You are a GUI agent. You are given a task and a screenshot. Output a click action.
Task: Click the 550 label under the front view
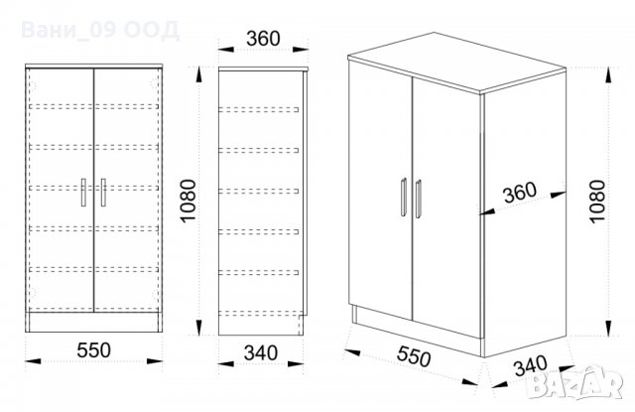click(93, 350)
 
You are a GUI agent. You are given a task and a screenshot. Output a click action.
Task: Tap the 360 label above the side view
click(263, 39)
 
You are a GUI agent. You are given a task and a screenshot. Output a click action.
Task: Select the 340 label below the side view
click(261, 352)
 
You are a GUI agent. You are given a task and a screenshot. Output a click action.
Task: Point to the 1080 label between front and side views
click(189, 201)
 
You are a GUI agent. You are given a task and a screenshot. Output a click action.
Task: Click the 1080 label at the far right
click(597, 202)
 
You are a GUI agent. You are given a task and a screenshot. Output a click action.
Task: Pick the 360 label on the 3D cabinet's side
click(520, 193)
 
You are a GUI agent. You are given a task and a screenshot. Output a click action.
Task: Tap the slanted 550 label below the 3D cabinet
click(414, 356)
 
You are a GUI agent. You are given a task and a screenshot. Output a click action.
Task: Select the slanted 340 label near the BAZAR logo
click(531, 365)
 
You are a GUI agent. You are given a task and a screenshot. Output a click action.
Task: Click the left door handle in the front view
click(83, 193)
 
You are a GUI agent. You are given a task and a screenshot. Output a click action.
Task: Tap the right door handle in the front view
click(103, 193)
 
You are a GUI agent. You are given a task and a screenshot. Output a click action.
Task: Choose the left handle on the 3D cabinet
click(404, 198)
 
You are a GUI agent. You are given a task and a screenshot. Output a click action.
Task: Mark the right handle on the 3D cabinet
click(419, 199)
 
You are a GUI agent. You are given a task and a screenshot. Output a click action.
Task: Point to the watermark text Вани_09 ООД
click(100, 31)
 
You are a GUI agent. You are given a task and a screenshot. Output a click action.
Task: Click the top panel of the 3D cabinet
click(456, 62)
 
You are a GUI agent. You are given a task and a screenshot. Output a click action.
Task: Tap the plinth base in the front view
click(93, 322)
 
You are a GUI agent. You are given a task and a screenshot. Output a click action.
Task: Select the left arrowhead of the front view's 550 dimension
click(33, 361)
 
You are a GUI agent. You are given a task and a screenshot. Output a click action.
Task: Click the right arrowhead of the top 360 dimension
click(301, 50)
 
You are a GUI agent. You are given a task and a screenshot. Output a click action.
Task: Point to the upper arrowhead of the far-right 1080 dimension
click(608, 75)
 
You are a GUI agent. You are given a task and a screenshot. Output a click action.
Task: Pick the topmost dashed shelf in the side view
click(259, 109)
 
